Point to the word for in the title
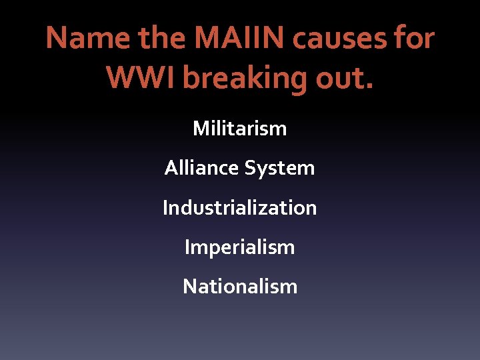(414, 39)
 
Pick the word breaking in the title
(246, 78)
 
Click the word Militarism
(240, 128)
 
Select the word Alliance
(201, 168)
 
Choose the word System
(279, 168)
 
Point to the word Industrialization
(240, 208)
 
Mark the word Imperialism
(240, 247)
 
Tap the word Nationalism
(240, 287)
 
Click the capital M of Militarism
(200, 128)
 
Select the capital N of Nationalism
(189, 287)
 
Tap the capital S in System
(249, 168)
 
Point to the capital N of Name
(57, 39)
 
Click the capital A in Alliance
(171, 168)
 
